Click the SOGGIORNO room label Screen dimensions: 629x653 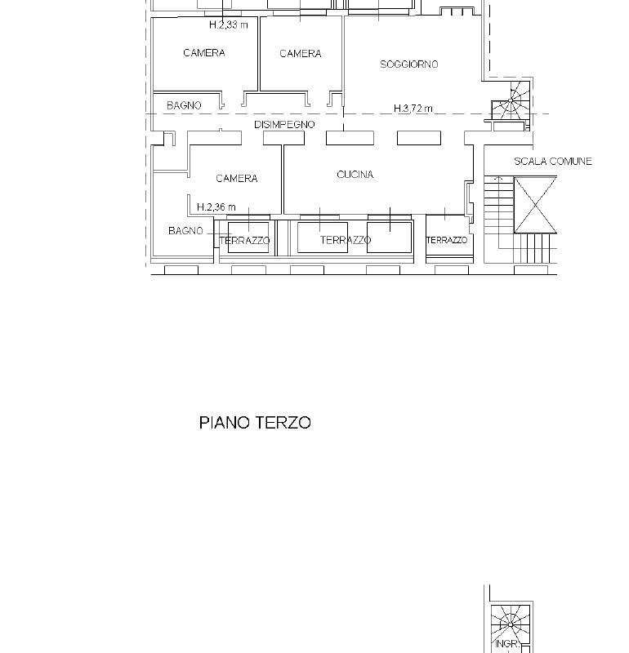409,64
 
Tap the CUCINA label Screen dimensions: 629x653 355,175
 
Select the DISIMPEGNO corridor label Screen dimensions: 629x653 284,125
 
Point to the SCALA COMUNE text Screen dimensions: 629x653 553,161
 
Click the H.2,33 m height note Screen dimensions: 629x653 228,25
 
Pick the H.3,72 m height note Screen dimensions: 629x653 413,109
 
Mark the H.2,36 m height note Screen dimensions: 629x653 216,207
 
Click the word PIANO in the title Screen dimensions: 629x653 225,423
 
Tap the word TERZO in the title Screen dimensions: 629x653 283,423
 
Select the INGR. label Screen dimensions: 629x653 507,644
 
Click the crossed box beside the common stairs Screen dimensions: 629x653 535,205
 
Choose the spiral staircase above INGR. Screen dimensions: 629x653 511,624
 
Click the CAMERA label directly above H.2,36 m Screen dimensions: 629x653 236,179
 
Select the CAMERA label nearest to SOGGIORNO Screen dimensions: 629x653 300,54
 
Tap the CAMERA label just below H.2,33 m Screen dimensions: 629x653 204,53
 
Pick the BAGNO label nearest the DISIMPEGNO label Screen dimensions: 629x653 184,106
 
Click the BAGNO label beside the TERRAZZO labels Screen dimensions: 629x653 185,231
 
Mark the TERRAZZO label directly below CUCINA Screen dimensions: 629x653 346,240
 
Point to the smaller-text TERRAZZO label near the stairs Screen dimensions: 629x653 447,240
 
